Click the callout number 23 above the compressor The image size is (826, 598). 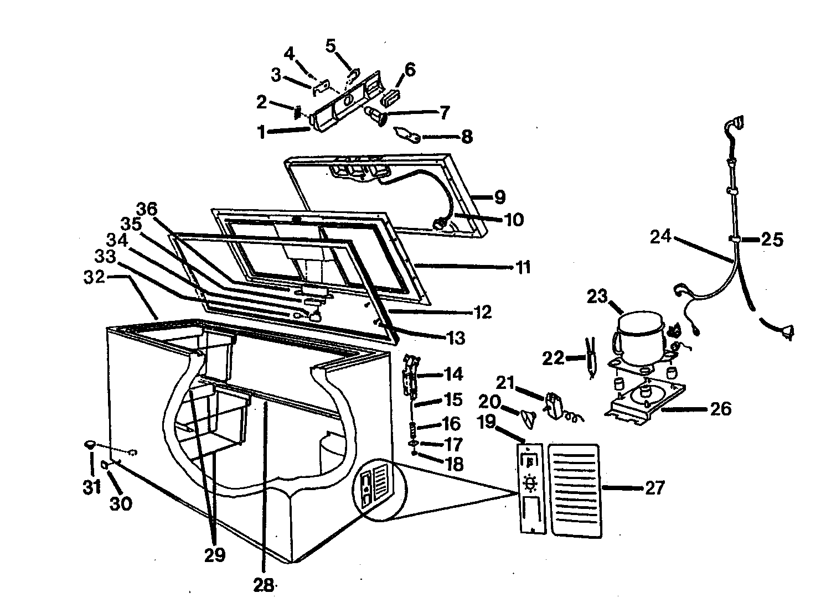coord(597,297)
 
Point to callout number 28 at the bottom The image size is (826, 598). coord(264,584)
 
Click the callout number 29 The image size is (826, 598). coord(215,554)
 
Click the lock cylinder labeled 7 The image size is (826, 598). coord(377,117)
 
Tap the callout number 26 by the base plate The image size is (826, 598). coord(720,409)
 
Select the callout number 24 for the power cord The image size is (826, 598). coord(660,237)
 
